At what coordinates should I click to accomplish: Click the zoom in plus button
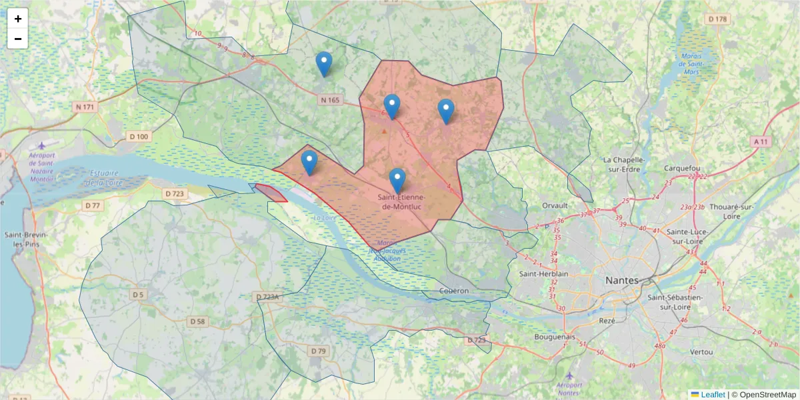(x=18, y=19)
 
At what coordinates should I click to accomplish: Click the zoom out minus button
(x=18, y=39)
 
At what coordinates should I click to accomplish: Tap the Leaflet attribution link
(x=713, y=395)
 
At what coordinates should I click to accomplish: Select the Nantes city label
(x=621, y=280)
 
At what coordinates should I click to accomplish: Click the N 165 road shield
(x=329, y=101)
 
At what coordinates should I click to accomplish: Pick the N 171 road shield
(x=85, y=107)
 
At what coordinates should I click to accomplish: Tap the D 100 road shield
(x=139, y=137)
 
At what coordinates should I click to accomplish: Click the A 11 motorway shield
(x=761, y=141)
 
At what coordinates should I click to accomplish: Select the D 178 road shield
(x=717, y=19)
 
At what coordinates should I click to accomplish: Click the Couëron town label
(x=454, y=291)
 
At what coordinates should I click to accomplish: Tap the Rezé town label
(x=607, y=321)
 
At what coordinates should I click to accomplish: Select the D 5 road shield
(x=138, y=294)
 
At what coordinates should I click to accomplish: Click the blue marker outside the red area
(x=324, y=64)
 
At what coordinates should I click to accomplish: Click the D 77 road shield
(x=93, y=205)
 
